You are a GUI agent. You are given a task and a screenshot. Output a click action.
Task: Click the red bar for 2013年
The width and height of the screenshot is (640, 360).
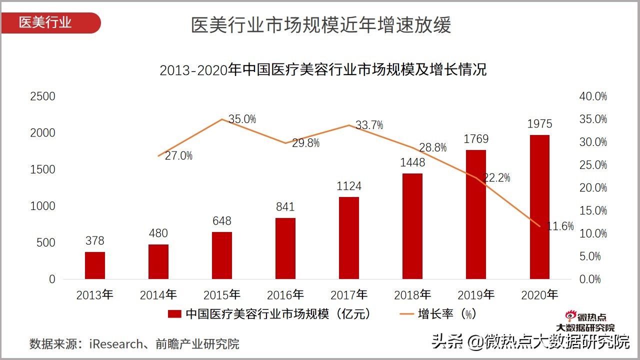pyautogui.click(x=95, y=265)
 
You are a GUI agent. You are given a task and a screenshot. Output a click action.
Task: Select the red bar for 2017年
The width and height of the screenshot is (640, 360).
pyautogui.click(x=348, y=238)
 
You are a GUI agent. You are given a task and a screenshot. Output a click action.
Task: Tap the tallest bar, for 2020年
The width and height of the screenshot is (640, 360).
pyautogui.click(x=539, y=207)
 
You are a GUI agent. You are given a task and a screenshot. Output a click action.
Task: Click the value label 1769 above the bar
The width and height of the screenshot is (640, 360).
pyautogui.click(x=476, y=139)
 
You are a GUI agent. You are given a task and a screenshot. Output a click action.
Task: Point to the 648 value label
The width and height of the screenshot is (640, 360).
pyautogui.click(x=221, y=221)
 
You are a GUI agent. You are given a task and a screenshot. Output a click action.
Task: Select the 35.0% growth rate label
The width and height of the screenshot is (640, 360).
pyautogui.click(x=242, y=119)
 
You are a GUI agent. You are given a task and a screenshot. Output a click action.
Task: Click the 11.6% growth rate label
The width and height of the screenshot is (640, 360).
pyautogui.click(x=560, y=226)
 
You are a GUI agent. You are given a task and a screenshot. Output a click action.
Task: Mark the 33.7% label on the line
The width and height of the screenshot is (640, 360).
pyautogui.click(x=369, y=125)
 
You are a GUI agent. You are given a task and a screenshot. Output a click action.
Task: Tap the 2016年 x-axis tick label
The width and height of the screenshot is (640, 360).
pyautogui.click(x=285, y=295)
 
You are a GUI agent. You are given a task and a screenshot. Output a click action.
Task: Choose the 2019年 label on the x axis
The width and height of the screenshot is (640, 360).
pyautogui.click(x=476, y=295)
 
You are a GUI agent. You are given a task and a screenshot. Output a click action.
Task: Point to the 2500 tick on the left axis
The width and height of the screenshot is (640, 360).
pyautogui.click(x=43, y=96)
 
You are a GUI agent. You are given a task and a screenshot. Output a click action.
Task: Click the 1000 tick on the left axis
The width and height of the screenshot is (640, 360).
pyautogui.click(x=43, y=206)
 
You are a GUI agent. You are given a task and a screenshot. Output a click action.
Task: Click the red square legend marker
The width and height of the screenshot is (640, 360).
pyautogui.click(x=174, y=314)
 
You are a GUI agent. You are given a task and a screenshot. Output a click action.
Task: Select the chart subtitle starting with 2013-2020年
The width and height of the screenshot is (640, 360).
pyautogui.click(x=323, y=70)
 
